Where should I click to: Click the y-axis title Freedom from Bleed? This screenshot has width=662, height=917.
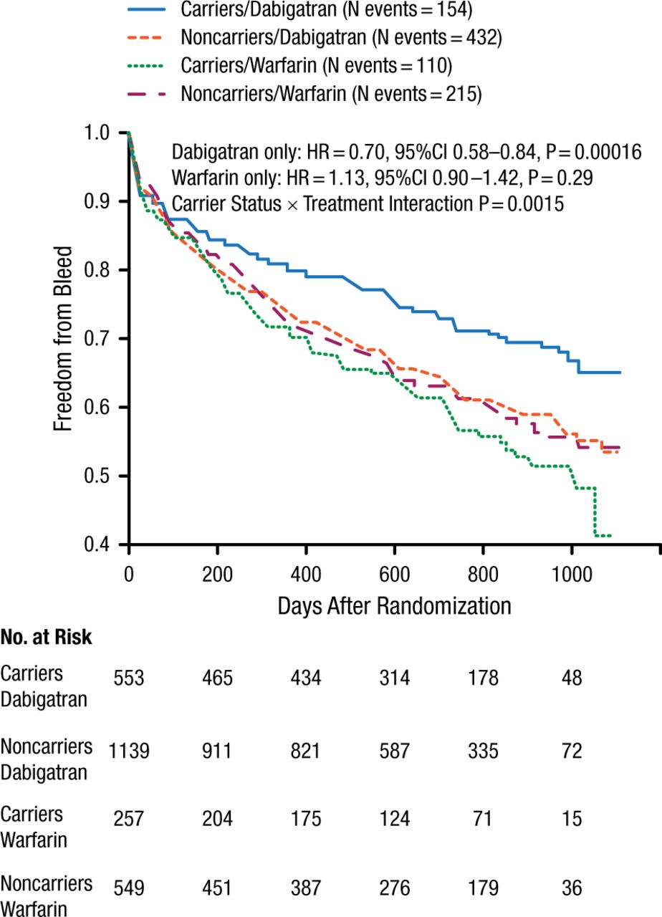[x=64, y=339]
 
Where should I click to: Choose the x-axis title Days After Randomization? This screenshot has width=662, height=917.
[x=394, y=605]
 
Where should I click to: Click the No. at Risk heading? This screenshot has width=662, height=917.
[x=47, y=638]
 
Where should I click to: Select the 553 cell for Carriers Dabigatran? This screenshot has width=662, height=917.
[x=129, y=678]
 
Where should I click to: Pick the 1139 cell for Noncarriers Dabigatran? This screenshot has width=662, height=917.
[x=129, y=752]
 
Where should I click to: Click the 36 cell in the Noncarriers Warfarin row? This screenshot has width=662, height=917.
[x=572, y=889]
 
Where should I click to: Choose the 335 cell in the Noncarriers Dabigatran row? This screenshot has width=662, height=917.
[x=484, y=752]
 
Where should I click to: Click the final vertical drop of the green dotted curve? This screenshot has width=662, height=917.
[x=595, y=512]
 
